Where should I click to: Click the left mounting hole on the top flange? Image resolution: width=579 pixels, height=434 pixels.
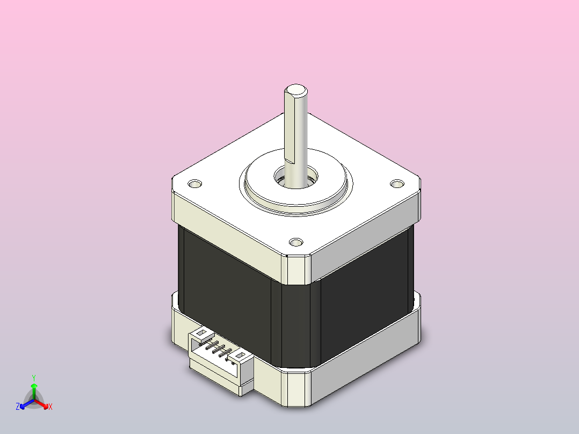[195, 184]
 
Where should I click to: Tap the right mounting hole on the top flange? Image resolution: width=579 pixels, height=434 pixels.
[397, 184]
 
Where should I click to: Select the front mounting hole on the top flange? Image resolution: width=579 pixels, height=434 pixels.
[296, 242]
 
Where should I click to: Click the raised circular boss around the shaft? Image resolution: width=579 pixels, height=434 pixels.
[295, 182]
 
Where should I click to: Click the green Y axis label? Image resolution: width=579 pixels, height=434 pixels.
[34, 378]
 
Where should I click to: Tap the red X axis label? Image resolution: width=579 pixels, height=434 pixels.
[50, 407]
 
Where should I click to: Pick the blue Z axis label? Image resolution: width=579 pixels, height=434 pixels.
[18, 407]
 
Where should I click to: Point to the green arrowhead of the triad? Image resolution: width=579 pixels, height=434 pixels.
[34, 386]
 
